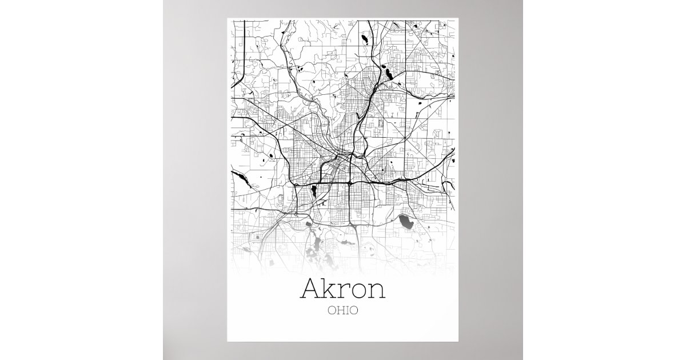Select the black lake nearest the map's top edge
364,39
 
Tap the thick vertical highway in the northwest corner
245,51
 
